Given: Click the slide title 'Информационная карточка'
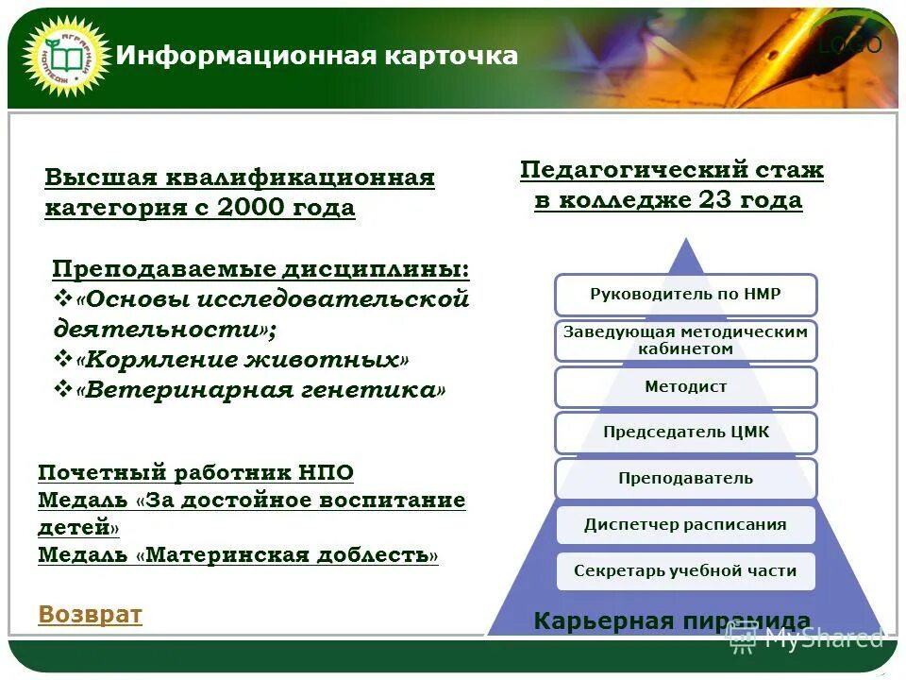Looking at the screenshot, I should point(316,56).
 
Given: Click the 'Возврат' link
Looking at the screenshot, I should point(90,615).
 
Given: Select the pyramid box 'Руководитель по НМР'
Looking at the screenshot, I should point(685,295).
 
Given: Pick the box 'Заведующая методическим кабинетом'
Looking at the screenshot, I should point(685,340).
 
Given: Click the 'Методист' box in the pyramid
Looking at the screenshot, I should point(685,386).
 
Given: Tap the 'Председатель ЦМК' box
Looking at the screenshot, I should point(685,433).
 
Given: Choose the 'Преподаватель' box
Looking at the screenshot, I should point(685,478).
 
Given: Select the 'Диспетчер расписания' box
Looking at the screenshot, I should point(685,524).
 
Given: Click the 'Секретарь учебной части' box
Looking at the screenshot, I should point(685,570).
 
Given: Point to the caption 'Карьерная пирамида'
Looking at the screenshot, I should point(671,620).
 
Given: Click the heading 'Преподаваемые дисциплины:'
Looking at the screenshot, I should point(260,269).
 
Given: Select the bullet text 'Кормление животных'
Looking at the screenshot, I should point(243,360).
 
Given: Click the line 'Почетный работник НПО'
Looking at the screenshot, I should point(195,472).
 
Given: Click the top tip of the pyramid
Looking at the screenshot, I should point(686,244).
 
